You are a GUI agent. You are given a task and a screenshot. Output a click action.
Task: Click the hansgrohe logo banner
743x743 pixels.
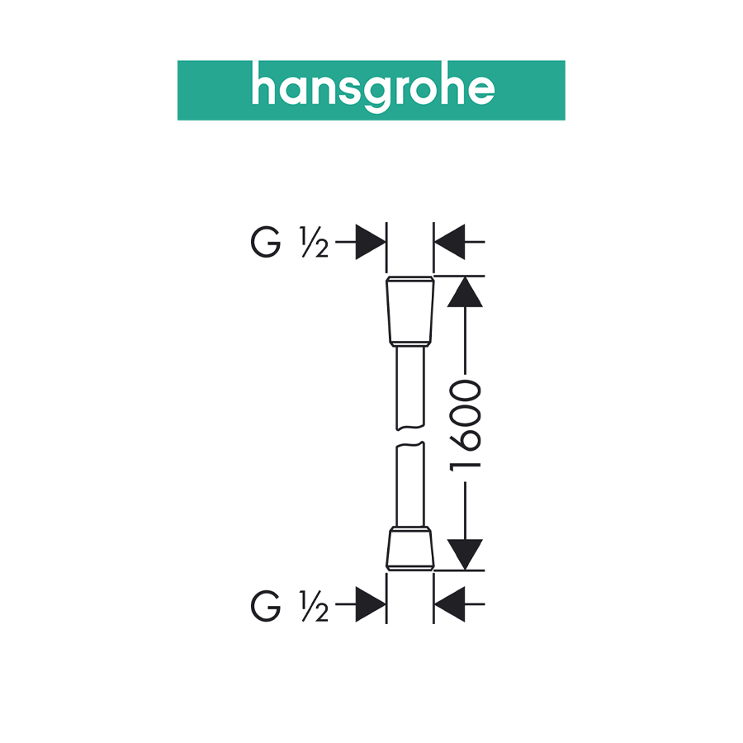pyautogui.click(x=371, y=90)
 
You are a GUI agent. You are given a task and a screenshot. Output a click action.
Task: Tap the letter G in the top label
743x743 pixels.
pyautogui.click(x=265, y=244)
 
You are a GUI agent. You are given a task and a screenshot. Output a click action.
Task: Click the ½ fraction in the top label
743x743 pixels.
pyautogui.click(x=315, y=244)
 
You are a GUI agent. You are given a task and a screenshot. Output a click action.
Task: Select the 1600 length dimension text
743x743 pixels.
pyautogui.click(x=466, y=425)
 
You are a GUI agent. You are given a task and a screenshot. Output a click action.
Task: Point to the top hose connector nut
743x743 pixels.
pyautogui.click(x=410, y=313)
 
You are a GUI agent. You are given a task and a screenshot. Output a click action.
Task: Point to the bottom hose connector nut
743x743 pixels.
pyautogui.click(x=410, y=546)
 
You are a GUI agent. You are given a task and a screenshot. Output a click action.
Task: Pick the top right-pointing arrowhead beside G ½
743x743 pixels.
pyautogui.click(x=371, y=244)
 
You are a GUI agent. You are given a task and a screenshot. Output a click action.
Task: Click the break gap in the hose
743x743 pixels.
pyautogui.click(x=410, y=438)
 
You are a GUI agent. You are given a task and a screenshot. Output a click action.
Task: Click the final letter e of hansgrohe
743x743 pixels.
pyautogui.click(x=481, y=91)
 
